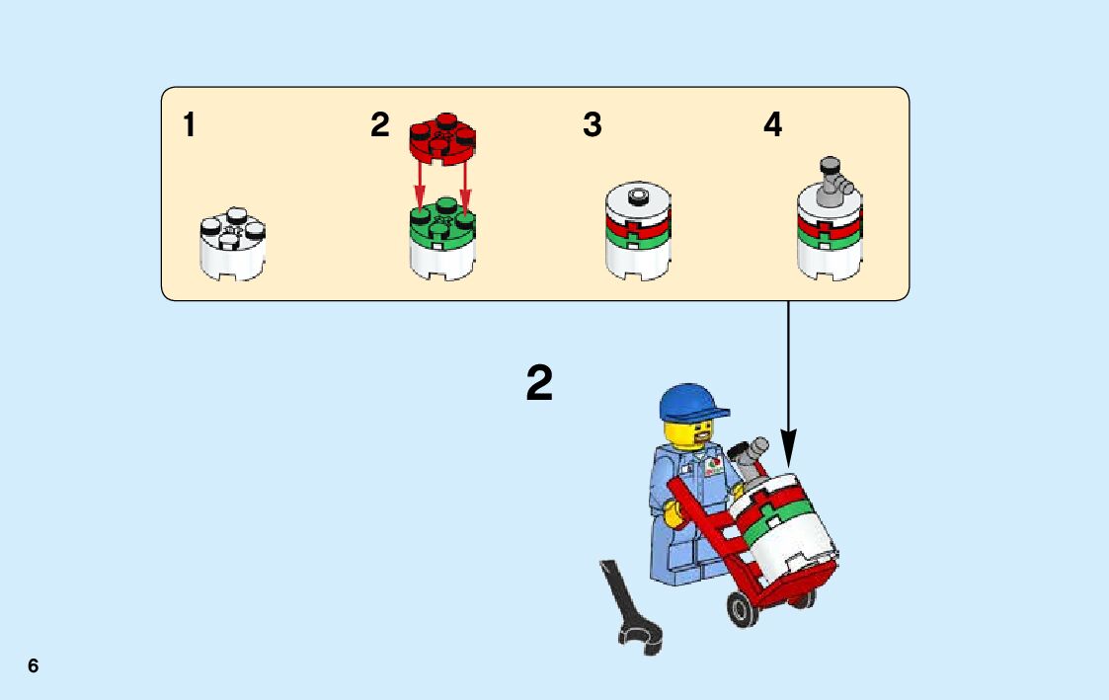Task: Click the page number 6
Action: tap(34, 666)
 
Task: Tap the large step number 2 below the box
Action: tap(539, 384)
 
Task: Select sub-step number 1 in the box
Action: tap(189, 125)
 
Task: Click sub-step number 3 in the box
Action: tap(592, 125)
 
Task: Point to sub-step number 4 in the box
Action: tap(772, 125)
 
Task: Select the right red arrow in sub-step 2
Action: tap(465, 188)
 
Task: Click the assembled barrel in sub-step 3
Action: tap(638, 231)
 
